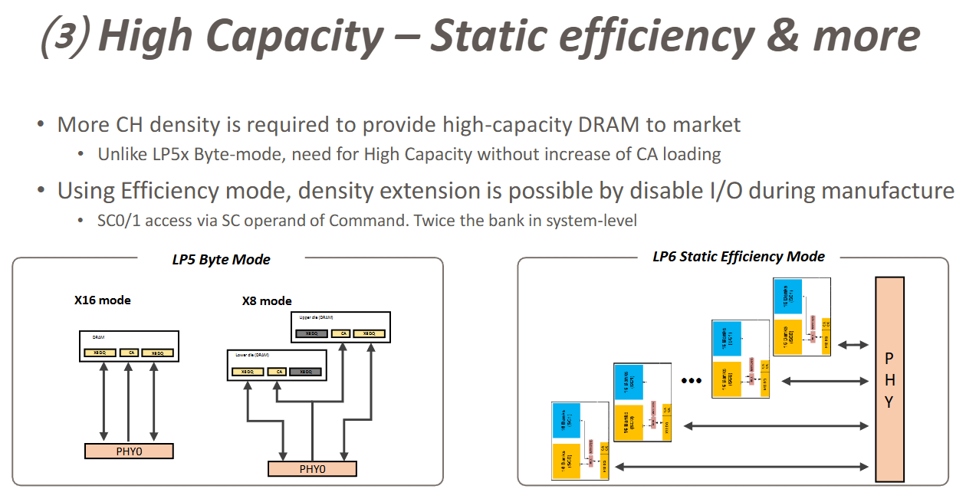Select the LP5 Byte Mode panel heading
point(221,259)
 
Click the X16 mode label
point(102,300)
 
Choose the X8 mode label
point(267,300)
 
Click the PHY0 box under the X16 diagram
point(129,451)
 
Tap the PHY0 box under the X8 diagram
point(312,468)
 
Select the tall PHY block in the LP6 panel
point(889,379)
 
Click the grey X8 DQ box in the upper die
point(312,333)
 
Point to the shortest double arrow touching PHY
point(853,346)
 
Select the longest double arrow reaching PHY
point(744,465)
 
